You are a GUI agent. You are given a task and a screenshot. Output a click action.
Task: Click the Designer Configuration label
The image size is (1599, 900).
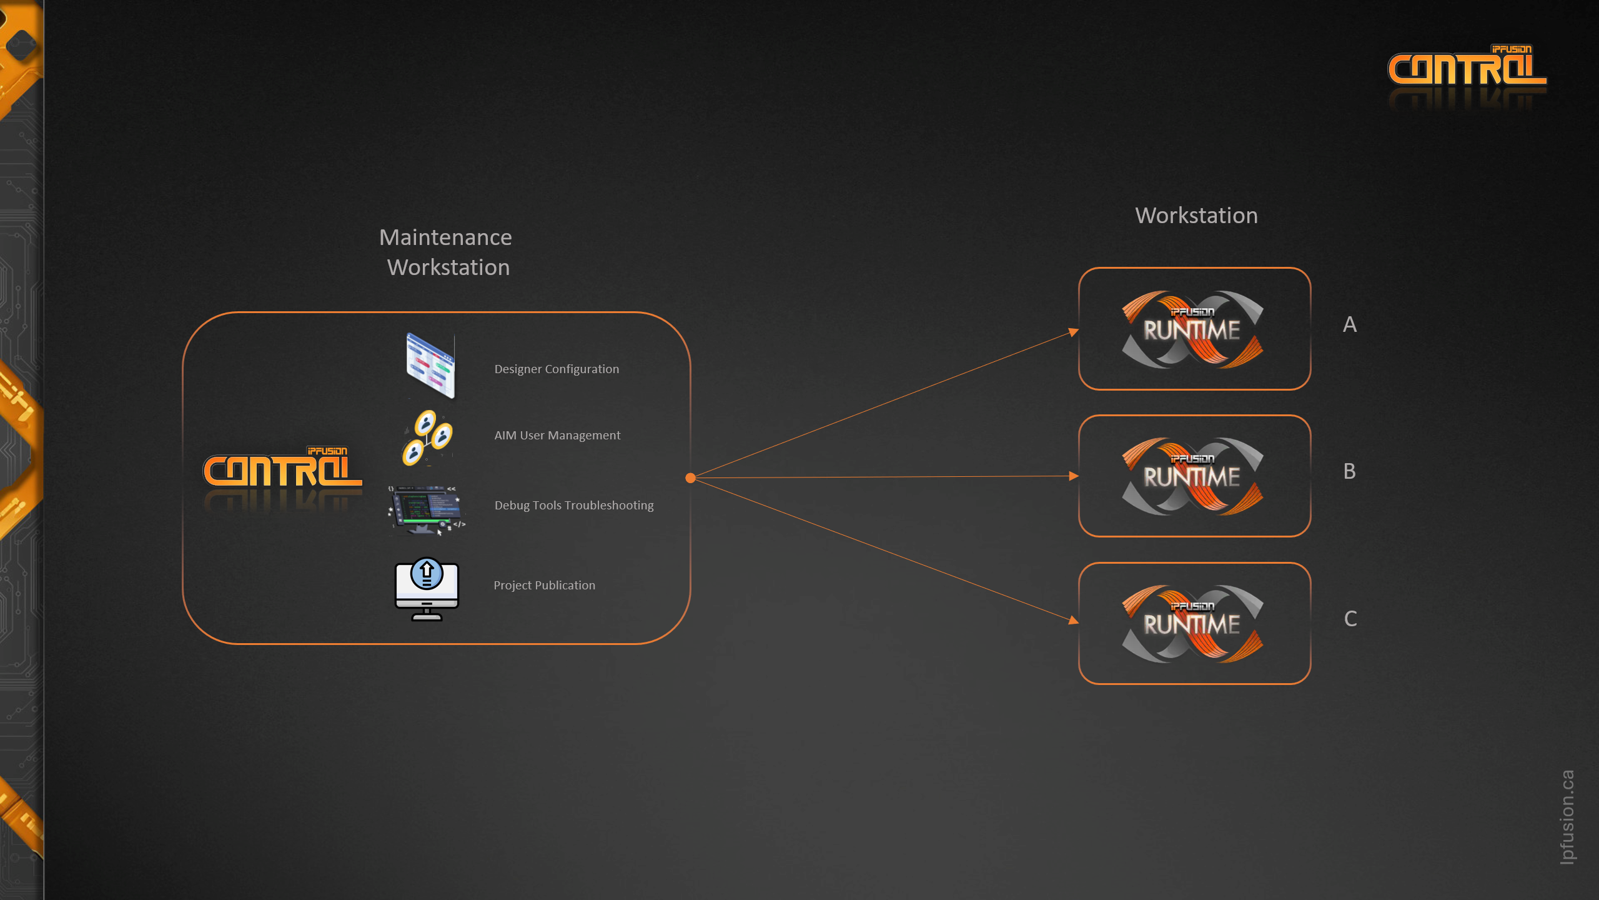(557, 369)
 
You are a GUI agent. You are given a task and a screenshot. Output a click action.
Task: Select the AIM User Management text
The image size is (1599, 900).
(557, 435)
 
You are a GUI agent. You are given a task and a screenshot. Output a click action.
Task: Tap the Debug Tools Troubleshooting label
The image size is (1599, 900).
(574, 505)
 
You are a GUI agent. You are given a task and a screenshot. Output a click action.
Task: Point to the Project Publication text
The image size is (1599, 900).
(544, 585)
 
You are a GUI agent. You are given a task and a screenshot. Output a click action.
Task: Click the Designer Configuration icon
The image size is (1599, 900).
(430, 366)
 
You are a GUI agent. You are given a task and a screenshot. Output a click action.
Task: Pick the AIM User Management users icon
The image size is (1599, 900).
(427, 437)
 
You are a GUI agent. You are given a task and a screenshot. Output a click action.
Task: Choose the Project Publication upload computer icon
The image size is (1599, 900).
(427, 589)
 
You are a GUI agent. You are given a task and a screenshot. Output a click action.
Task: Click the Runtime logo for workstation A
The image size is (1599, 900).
(1192, 329)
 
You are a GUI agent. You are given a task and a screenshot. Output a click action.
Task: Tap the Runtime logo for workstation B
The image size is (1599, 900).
(1192, 476)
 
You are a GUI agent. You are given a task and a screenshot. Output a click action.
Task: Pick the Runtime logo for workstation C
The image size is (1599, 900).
(1192, 623)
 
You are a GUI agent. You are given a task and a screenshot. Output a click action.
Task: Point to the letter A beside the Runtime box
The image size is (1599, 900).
(1350, 324)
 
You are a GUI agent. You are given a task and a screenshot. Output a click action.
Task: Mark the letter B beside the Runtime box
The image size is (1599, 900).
(1350, 471)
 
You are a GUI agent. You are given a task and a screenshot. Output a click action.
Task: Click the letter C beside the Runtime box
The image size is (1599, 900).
(1350, 619)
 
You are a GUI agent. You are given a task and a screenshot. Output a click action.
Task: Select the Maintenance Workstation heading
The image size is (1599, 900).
(447, 252)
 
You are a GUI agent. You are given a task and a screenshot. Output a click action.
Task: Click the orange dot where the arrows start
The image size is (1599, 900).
(690, 478)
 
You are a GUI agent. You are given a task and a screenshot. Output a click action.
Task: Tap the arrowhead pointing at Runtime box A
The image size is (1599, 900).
(1074, 332)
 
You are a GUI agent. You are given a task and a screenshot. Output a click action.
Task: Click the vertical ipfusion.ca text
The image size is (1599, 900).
(1567, 816)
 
